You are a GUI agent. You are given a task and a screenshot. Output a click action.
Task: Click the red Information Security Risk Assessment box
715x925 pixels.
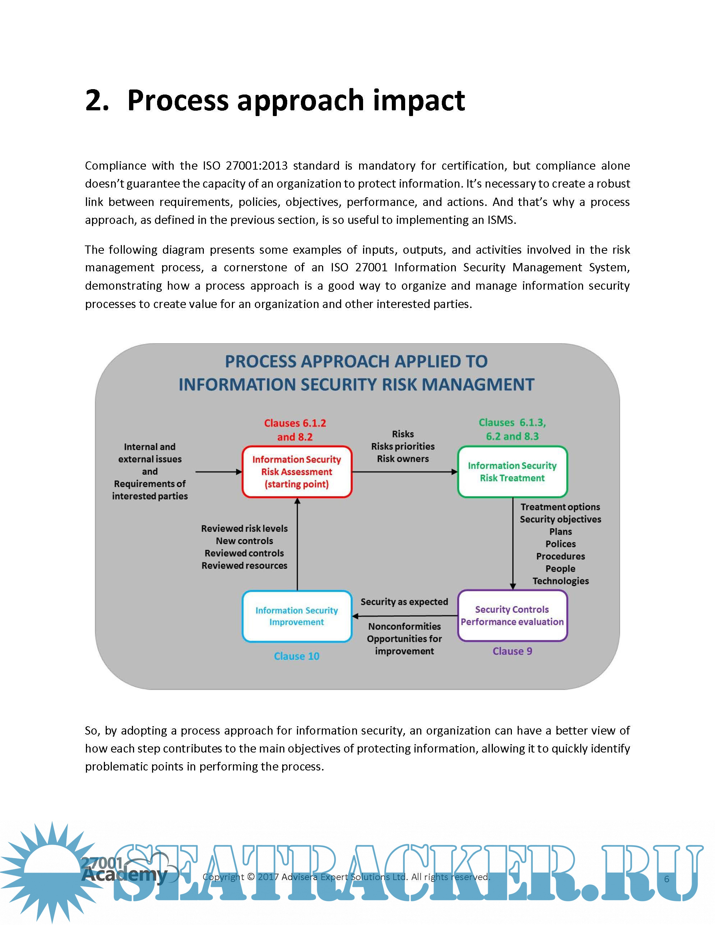click(297, 471)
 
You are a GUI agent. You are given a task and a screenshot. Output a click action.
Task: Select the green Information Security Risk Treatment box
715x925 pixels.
click(512, 471)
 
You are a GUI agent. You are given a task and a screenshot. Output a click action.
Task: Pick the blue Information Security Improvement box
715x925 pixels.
click(297, 616)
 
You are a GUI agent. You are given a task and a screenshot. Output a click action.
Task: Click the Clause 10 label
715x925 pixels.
click(297, 656)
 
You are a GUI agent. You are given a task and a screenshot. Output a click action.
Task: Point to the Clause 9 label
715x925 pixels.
click(512, 651)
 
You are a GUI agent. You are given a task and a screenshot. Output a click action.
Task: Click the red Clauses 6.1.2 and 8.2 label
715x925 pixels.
click(295, 430)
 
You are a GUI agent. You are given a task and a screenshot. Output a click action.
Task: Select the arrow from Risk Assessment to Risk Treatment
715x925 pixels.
click(404, 472)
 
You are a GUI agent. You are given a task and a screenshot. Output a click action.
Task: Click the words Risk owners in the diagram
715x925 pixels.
click(403, 459)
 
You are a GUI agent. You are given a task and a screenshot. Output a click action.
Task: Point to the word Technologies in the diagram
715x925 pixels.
click(560, 581)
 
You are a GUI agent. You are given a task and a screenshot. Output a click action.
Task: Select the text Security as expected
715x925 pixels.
click(404, 602)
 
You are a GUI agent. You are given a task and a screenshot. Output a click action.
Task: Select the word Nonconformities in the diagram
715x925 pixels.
click(404, 626)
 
